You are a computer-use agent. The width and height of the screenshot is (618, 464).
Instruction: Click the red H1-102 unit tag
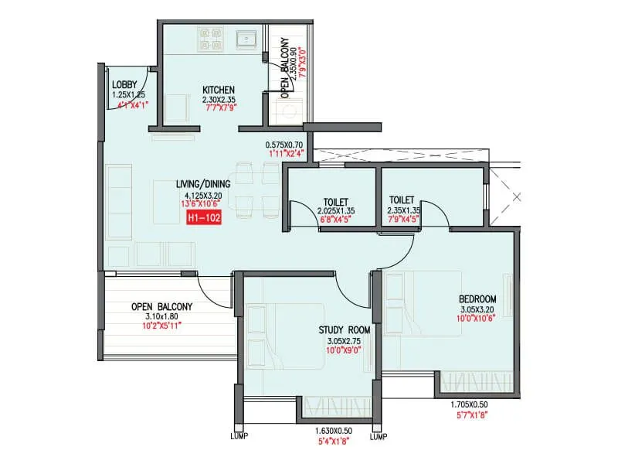(x=205, y=219)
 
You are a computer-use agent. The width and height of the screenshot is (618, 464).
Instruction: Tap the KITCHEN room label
(x=219, y=89)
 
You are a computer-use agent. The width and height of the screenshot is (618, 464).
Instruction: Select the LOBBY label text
(x=124, y=84)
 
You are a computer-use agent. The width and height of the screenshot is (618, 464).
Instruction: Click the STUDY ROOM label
(x=344, y=330)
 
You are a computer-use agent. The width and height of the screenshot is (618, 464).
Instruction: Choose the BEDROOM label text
(x=477, y=299)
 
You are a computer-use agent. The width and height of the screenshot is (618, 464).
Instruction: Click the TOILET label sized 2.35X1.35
(x=402, y=200)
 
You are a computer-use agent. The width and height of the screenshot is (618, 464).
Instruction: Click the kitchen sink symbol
(x=247, y=39)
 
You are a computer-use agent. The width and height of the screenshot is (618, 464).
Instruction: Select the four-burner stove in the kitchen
(x=212, y=39)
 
